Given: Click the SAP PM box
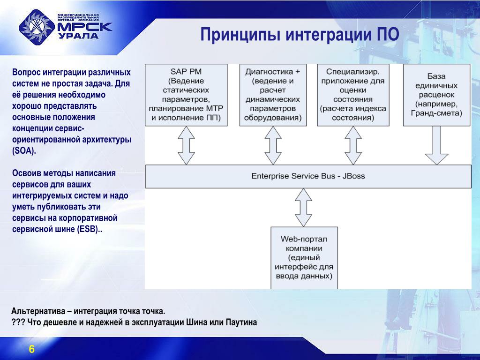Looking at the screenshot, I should (186, 95).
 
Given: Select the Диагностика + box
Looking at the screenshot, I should (273, 95).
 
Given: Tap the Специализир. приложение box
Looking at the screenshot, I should (353, 95).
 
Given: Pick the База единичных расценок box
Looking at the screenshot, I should (436, 95).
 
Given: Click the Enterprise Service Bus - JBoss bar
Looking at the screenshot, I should (308, 176).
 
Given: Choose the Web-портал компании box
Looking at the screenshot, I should (304, 257).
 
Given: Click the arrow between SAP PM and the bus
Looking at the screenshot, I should (186, 145).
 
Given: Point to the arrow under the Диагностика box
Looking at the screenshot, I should (273, 145).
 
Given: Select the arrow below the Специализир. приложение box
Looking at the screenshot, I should (353, 145).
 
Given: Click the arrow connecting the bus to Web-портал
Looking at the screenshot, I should (304, 207).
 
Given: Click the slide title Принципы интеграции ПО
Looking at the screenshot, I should (300, 35).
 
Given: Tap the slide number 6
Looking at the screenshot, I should (32, 349).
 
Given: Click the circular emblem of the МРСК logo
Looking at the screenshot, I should (36, 29).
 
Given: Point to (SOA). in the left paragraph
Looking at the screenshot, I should (24, 151).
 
